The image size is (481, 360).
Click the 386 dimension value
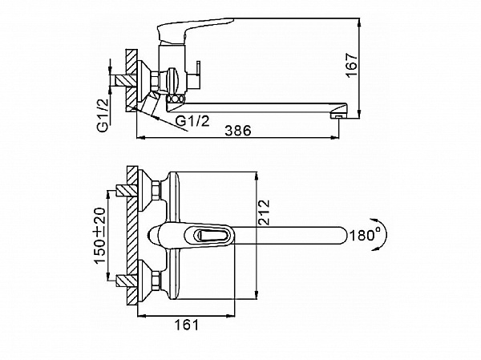238,131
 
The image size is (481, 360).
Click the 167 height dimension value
352,66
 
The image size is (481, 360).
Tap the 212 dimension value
264,212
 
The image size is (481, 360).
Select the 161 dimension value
187,325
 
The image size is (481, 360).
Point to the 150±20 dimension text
99,236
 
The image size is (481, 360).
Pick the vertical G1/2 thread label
104,115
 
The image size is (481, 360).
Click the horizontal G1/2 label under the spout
192,121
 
